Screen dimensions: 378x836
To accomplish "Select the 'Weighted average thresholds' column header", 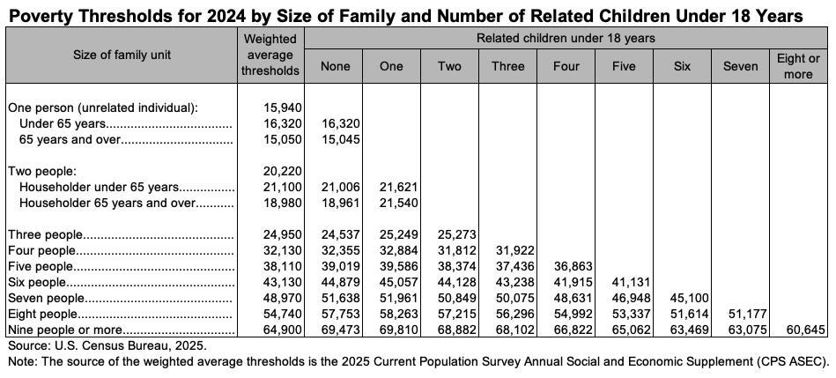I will (271, 55).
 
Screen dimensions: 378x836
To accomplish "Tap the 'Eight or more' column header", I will (798, 66).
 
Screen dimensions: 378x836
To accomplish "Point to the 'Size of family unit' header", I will (122, 55).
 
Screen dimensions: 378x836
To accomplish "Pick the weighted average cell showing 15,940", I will (283, 107).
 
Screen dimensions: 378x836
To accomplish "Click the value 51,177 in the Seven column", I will (739, 314).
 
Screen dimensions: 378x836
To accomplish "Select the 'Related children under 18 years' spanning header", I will (566, 38).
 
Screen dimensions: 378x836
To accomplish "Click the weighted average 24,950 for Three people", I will (283, 234).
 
